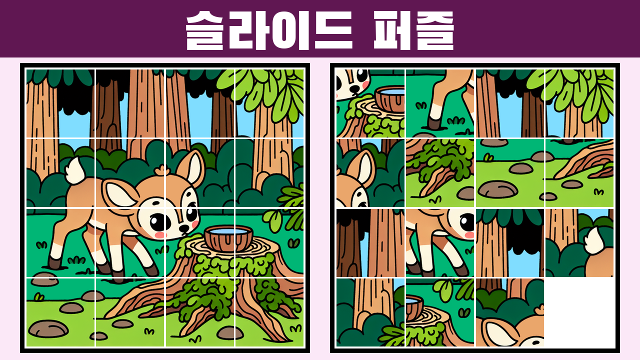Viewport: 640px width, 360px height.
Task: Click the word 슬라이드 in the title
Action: click(269, 30)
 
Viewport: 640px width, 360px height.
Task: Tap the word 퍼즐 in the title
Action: click(413, 30)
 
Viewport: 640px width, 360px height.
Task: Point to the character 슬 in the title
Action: click(204, 30)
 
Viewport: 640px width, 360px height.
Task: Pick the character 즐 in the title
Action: click(435, 30)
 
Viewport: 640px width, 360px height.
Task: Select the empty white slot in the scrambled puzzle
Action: click(580, 312)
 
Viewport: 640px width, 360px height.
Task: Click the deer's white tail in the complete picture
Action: click(75, 170)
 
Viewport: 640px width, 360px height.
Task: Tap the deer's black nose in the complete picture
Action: click(184, 228)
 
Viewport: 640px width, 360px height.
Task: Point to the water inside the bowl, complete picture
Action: click(228, 231)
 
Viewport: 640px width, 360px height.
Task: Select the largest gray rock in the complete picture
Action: click(48, 328)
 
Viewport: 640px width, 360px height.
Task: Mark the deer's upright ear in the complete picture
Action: click(191, 168)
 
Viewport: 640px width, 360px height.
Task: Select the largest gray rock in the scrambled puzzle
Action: click(497, 189)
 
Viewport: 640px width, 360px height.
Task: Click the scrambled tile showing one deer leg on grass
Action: click(439, 103)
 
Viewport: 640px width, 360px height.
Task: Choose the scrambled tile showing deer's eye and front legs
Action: click(439, 243)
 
